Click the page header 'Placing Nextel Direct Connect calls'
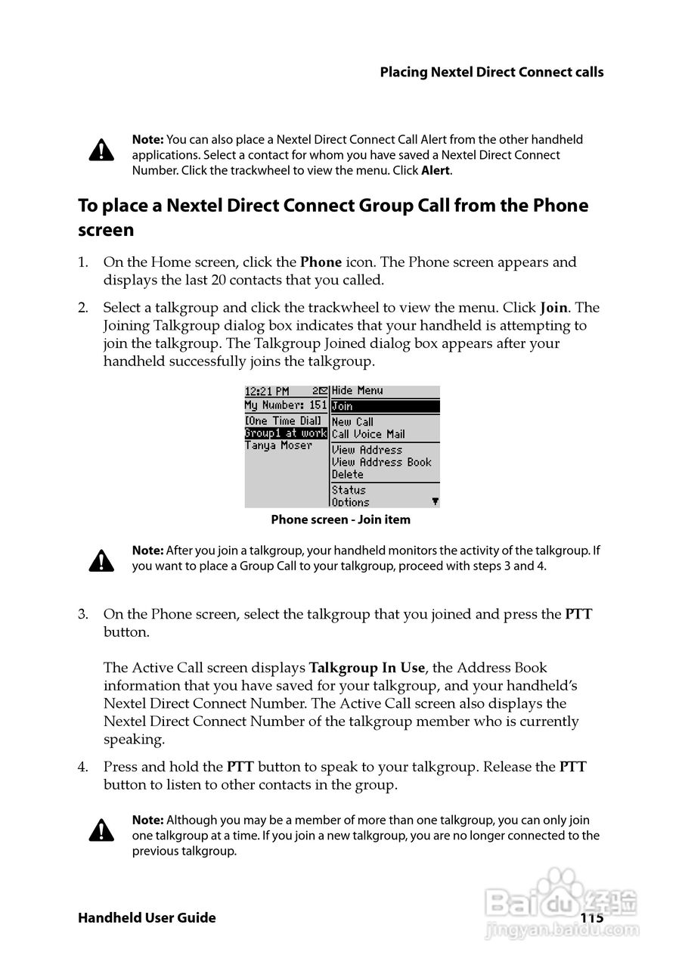pos(491,73)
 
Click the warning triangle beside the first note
pos(101,150)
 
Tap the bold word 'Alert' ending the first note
pos(436,171)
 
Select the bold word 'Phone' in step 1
pos(321,262)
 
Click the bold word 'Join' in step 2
pos(553,308)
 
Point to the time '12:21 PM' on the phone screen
pos(267,392)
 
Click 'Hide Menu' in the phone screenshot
pos(358,391)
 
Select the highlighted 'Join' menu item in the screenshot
pos(385,407)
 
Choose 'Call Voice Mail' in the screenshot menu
pos(368,434)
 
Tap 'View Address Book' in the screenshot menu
pos(381,462)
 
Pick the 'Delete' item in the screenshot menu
pos(348,475)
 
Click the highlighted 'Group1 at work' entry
pos(286,434)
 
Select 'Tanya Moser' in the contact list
pos(278,446)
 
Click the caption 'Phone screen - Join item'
pos(340,520)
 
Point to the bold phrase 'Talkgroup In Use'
pos(368,668)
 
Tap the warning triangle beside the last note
pos(101,832)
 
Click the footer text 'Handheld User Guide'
pos(147,918)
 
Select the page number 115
pos(592,918)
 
